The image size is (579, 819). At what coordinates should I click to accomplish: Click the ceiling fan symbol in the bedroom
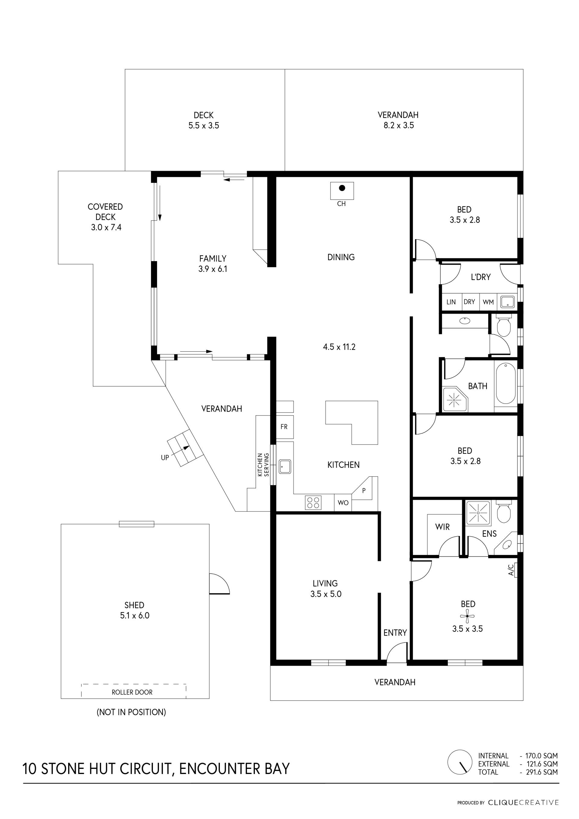(x=467, y=616)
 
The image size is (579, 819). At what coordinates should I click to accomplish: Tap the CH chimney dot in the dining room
(x=342, y=188)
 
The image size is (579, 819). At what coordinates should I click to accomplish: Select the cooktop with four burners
(x=313, y=503)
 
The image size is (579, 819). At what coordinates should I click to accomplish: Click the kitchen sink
(x=284, y=467)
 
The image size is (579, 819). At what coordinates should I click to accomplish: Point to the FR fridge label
(x=284, y=427)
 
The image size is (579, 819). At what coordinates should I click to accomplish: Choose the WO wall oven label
(x=343, y=503)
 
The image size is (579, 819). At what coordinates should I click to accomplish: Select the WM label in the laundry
(x=488, y=302)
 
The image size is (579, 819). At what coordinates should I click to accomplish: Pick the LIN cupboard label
(x=451, y=302)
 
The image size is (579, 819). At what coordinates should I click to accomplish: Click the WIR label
(x=442, y=527)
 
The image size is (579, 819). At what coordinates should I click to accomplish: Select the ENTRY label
(x=395, y=633)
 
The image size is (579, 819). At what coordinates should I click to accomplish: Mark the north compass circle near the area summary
(x=460, y=762)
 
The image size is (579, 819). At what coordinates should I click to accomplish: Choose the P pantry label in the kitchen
(x=364, y=490)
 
